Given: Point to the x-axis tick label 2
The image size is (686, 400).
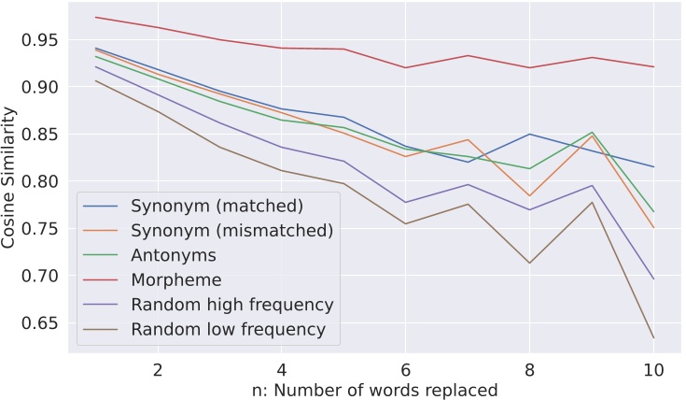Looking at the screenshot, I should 158,369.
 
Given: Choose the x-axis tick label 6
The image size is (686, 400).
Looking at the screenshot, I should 405,369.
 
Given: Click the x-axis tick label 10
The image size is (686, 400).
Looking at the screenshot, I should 652,369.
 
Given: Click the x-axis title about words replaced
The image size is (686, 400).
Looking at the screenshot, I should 373,390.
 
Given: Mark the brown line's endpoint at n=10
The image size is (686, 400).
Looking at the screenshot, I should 652,337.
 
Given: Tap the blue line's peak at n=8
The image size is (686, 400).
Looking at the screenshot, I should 529,134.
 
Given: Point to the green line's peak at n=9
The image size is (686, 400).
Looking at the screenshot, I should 592,132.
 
